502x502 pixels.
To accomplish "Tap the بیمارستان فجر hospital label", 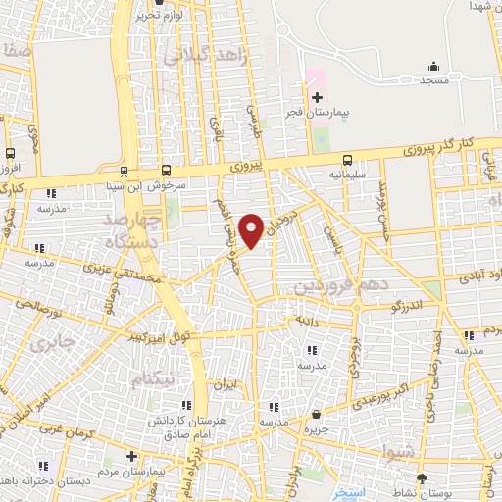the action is [331, 114].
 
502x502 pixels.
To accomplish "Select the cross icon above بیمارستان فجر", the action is [316, 97].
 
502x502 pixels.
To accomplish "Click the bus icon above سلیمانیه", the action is [347, 161].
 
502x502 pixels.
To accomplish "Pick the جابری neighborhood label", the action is [44, 344].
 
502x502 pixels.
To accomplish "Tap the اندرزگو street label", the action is [406, 307].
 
